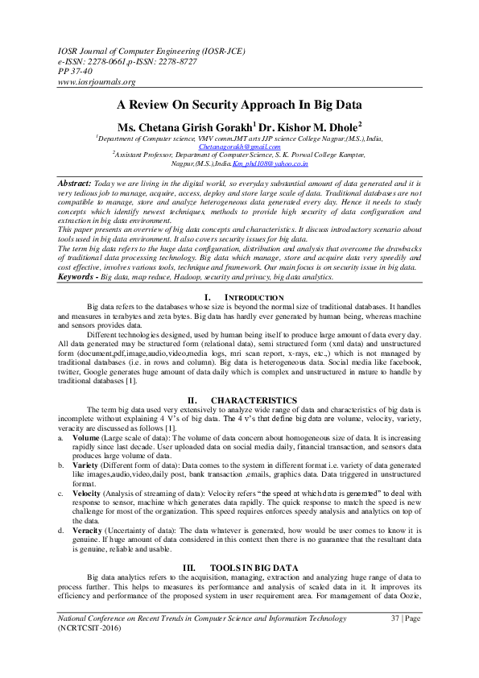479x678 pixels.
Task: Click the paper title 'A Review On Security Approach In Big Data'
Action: [x=239, y=104]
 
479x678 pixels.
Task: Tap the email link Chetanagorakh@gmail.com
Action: [x=240, y=147]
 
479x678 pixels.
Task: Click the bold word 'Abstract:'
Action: [x=73, y=184]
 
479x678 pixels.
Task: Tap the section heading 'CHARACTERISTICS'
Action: [x=254, y=400]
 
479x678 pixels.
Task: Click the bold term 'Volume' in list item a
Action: [x=87, y=436]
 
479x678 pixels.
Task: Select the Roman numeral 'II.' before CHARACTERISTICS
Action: [x=192, y=400]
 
